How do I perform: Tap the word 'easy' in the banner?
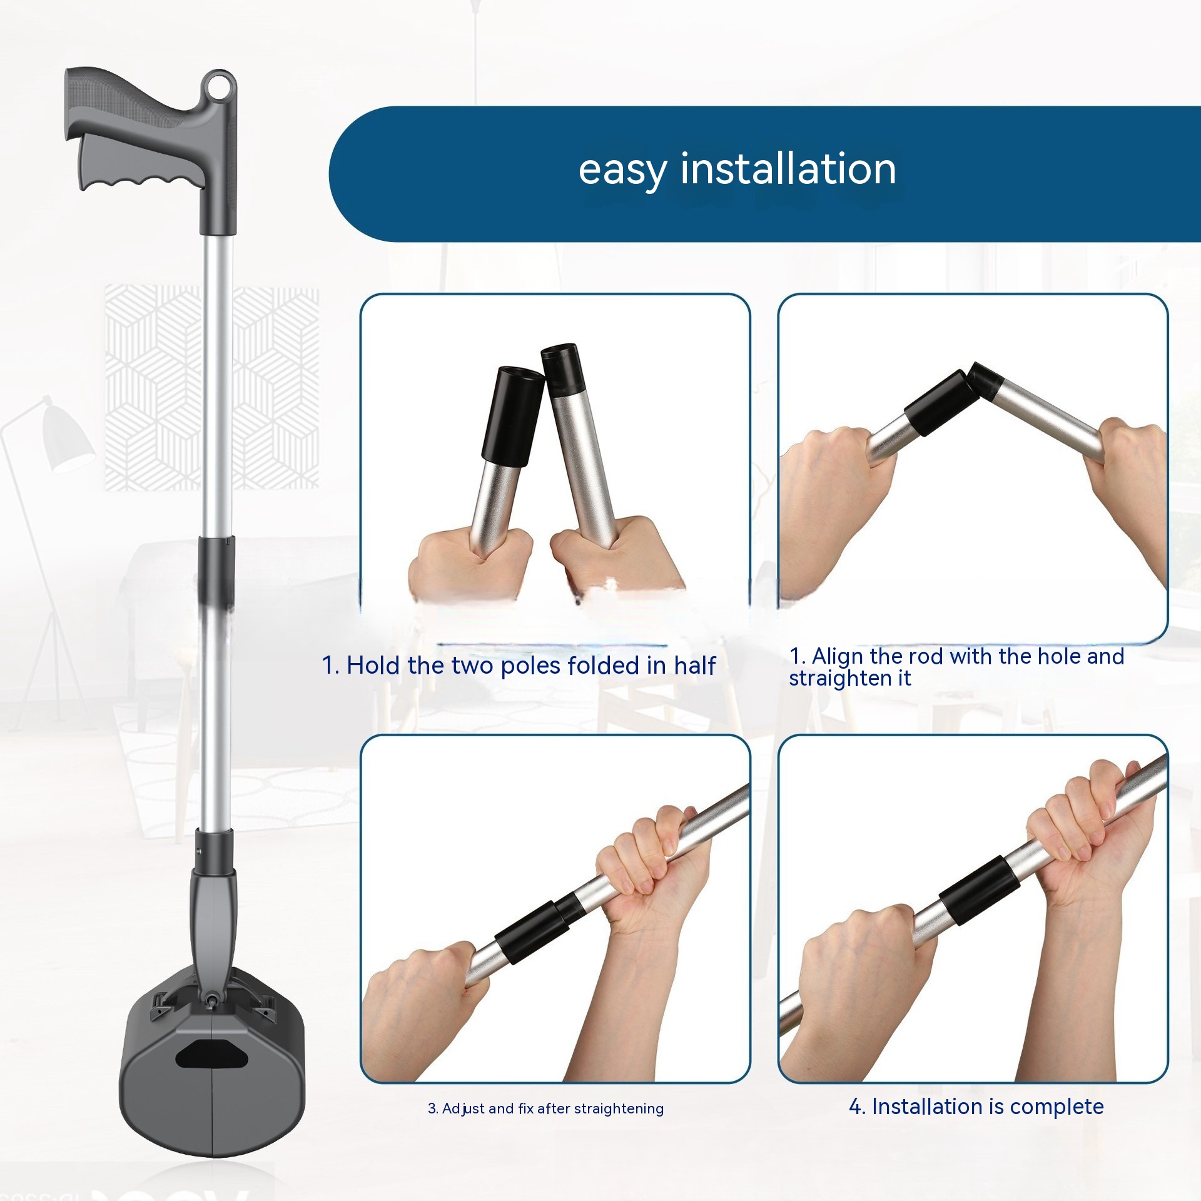(622, 171)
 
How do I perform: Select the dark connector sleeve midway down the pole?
(216, 569)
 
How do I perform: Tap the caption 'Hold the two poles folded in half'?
(519, 666)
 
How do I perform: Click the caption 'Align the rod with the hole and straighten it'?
(956, 667)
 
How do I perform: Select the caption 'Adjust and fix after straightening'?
(545, 1108)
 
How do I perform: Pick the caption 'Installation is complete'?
(976, 1107)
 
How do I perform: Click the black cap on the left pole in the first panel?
(512, 412)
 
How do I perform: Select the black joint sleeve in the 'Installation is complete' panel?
(980, 888)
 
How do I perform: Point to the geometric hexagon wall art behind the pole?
(212, 387)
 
